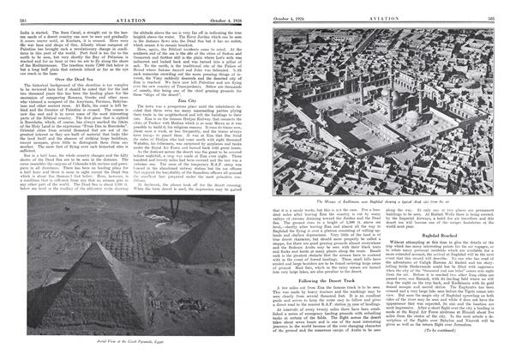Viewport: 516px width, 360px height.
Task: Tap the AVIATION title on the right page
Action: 389,9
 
